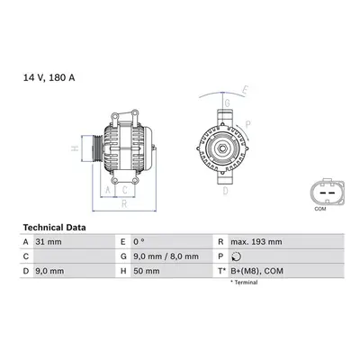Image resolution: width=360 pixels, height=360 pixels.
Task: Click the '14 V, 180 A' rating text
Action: click(49, 78)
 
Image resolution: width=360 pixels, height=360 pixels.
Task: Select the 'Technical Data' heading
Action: click(54, 228)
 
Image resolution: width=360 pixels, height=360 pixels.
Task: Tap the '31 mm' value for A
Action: click(49, 242)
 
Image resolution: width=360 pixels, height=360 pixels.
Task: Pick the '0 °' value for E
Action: click(139, 242)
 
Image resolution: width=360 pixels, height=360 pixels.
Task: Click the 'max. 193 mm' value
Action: click(256, 242)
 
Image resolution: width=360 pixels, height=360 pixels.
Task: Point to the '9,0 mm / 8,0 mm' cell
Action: click(166, 256)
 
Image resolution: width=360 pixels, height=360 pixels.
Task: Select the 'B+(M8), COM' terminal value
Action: click(256, 271)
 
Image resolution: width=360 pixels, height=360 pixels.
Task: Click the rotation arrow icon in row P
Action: click(237, 256)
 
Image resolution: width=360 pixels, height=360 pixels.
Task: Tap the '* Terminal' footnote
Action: click(244, 283)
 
